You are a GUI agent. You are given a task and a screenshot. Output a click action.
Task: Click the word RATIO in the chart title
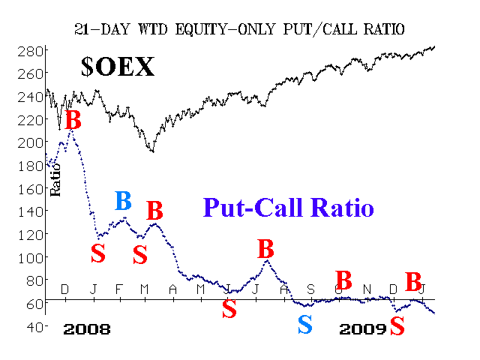click(x=384, y=29)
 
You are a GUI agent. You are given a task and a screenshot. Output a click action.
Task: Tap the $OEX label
click(x=118, y=67)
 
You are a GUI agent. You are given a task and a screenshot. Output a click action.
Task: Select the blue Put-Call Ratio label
click(x=288, y=207)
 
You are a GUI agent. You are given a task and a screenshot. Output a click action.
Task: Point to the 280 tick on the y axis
click(x=31, y=52)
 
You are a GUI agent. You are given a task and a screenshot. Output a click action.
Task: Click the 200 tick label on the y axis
click(x=31, y=142)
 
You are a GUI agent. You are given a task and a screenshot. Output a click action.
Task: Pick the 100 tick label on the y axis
click(x=31, y=258)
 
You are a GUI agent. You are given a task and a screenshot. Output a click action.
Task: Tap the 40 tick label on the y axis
click(x=34, y=327)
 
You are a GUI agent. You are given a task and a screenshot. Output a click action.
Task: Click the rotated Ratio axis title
click(x=55, y=180)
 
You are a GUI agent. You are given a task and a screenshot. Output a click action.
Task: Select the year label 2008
click(x=87, y=329)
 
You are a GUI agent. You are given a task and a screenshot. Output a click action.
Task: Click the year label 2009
click(x=363, y=329)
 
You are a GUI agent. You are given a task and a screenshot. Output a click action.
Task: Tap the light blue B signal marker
click(x=123, y=201)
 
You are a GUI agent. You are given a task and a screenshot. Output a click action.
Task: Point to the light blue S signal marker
click(x=305, y=325)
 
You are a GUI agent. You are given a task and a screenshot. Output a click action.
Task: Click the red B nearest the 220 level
click(x=73, y=119)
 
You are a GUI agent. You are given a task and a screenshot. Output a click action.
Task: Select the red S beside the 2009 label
click(x=397, y=325)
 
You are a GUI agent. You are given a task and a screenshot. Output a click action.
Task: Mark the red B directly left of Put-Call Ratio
click(x=154, y=211)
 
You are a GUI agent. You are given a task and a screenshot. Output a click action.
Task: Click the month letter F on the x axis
click(x=119, y=289)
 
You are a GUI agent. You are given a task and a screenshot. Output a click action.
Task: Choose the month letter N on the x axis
click(x=367, y=289)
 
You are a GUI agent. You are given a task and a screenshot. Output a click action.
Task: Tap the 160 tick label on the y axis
click(x=31, y=189)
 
